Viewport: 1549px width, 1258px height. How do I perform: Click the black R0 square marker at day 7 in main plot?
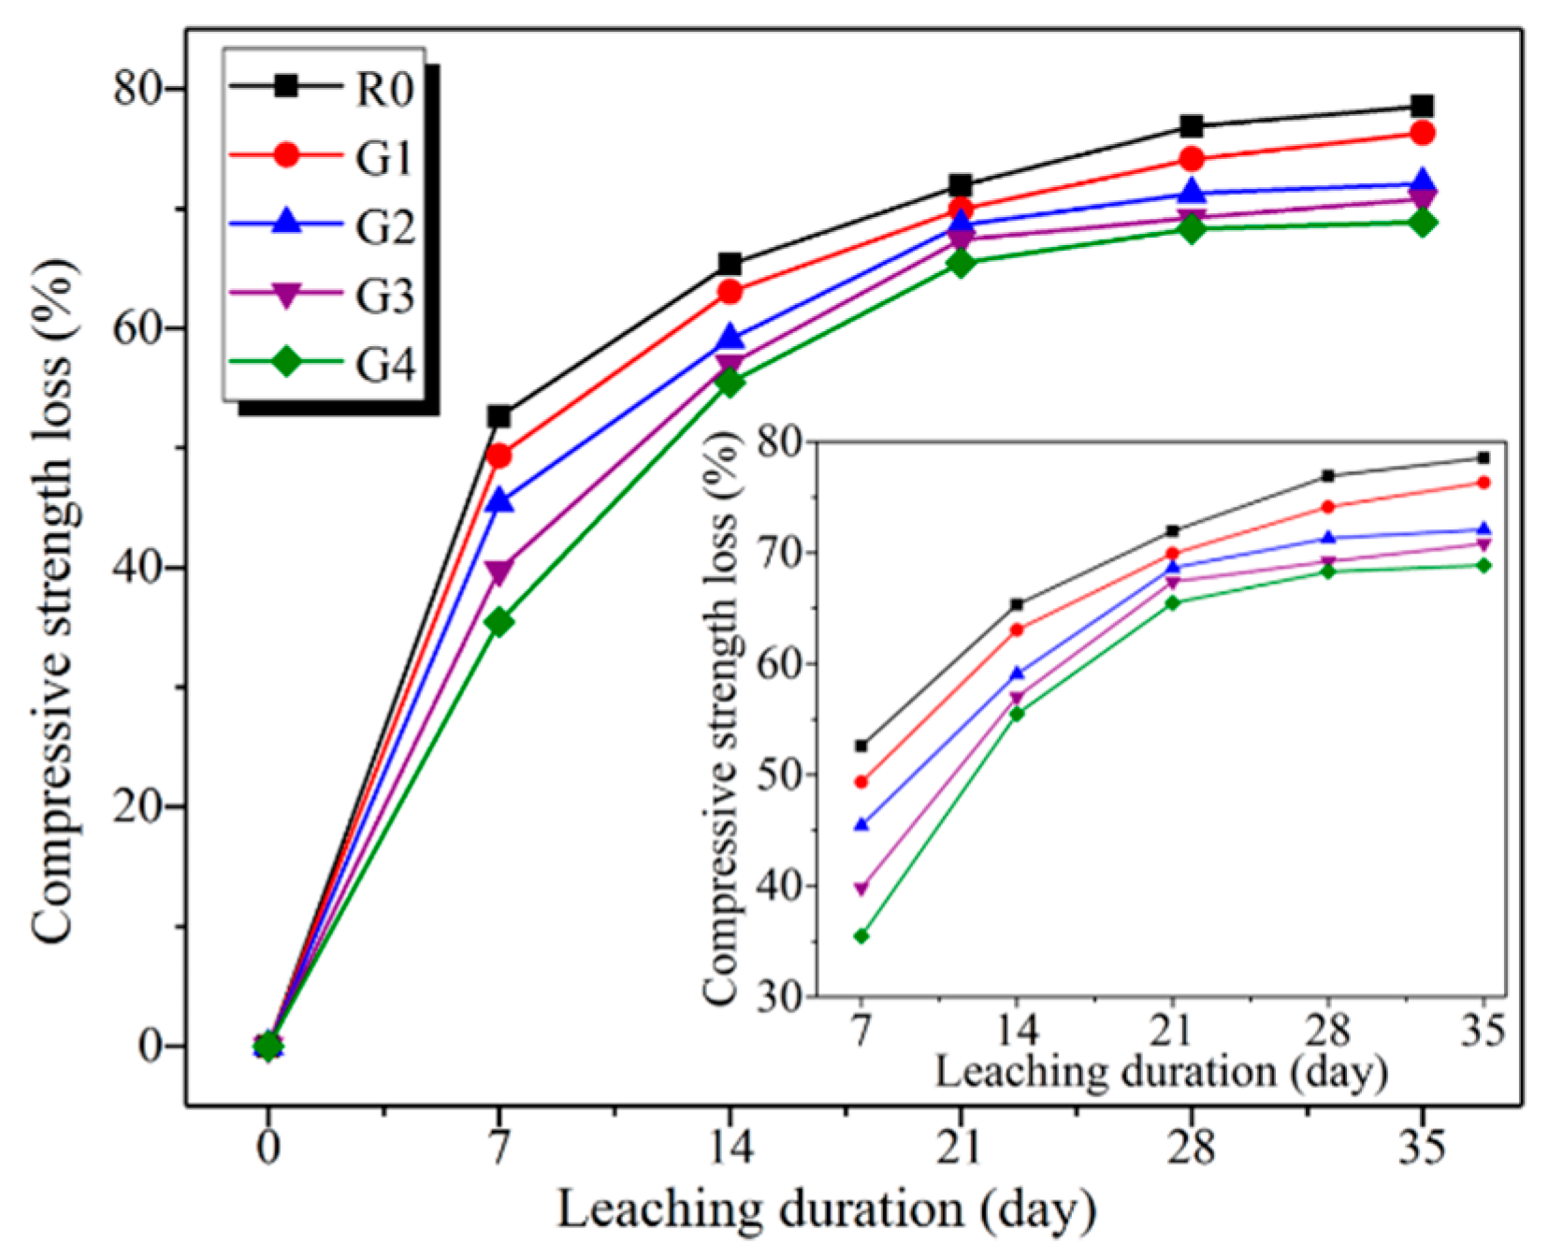[499, 416]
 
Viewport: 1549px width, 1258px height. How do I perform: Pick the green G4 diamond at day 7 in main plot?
[499, 622]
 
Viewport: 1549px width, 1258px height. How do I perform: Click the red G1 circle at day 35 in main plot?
[1422, 133]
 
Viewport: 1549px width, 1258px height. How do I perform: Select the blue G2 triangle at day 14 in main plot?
[730, 338]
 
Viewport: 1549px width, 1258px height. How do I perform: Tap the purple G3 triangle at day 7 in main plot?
[499, 571]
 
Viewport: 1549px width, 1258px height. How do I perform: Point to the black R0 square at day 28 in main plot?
[1191, 125]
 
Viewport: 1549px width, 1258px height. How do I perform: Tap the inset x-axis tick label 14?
[1017, 1030]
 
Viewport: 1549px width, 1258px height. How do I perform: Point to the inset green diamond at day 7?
[861, 936]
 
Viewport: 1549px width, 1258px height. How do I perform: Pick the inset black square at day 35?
[1484, 458]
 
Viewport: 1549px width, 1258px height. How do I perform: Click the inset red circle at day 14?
[1017, 629]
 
